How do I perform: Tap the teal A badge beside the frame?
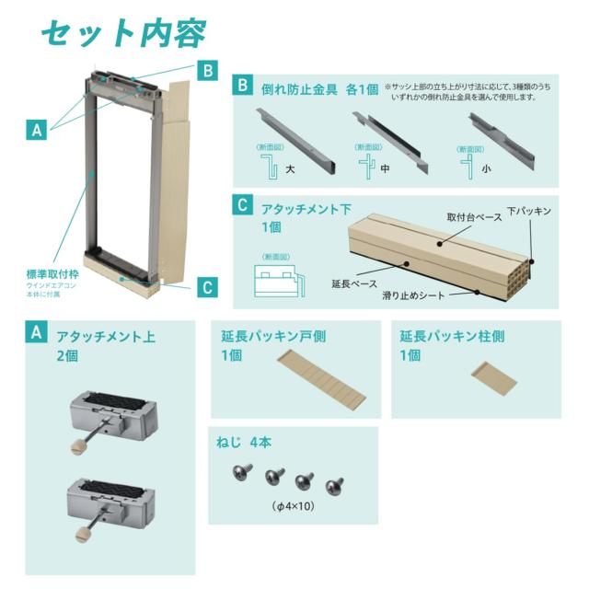tap(37, 131)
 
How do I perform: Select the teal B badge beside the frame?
tap(209, 70)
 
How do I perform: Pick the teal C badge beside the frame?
tap(209, 287)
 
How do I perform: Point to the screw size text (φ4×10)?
tap(293, 505)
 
